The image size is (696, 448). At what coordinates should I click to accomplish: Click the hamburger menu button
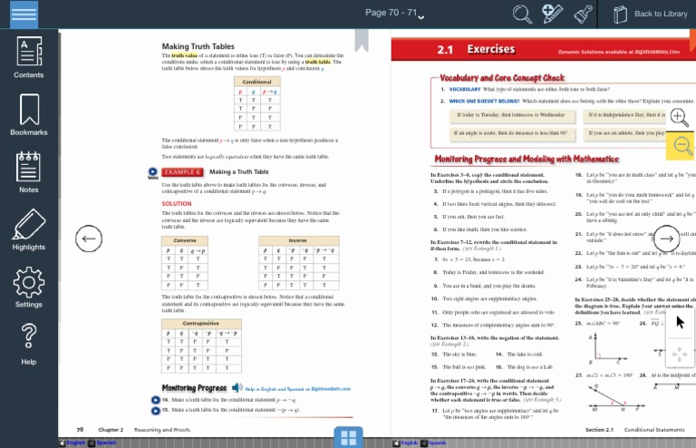click(x=24, y=14)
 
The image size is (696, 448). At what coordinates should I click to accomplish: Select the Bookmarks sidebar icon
click(x=29, y=113)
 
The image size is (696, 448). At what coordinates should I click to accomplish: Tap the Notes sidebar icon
click(x=29, y=171)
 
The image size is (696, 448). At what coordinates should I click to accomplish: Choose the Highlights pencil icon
click(x=29, y=229)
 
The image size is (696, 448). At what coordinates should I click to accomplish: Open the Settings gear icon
click(x=29, y=286)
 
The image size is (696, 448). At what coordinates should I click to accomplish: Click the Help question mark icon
click(x=29, y=341)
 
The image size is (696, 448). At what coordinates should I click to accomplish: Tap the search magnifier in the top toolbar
click(x=522, y=14)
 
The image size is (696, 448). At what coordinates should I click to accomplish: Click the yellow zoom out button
click(x=680, y=145)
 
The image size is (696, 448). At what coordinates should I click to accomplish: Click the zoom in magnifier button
click(x=679, y=116)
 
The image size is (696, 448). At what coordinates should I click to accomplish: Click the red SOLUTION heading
click(x=177, y=203)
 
